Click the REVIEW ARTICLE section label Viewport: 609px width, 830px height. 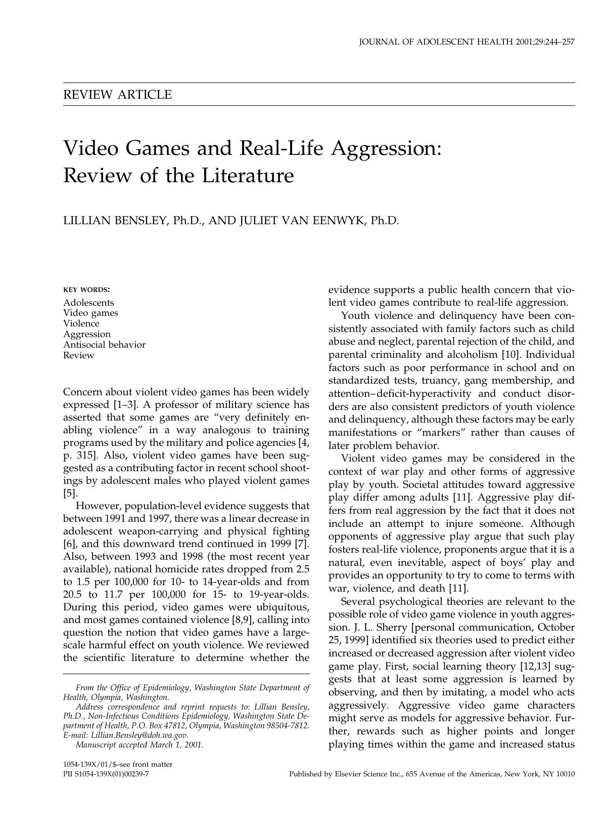pyautogui.click(x=117, y=95)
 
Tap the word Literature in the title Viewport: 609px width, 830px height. pyautogui.click(x=248, y=176)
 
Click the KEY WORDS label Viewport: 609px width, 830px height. pyautogui.click(x=86, y=290)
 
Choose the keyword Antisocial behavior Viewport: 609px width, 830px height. pyautogui.click(x=104, y=345)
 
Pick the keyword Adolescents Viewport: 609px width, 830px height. pyautogui.click(x=88, y=303)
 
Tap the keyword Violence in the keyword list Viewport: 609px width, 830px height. pyautogui.click(x=81, y=323)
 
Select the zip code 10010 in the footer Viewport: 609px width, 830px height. pyautogui.click(x=565, y=774)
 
